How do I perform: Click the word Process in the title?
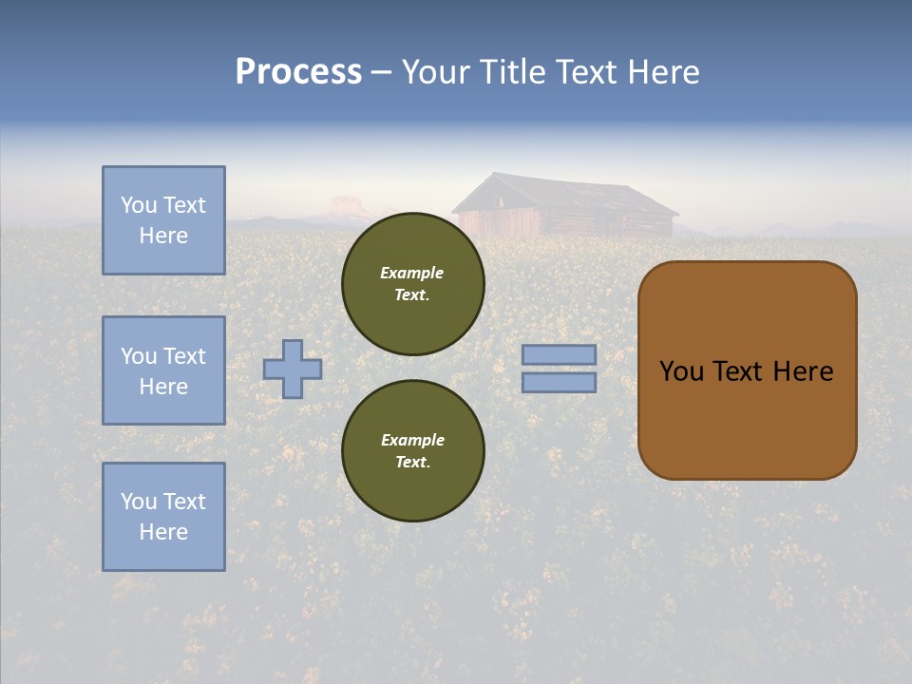tap(298, 72)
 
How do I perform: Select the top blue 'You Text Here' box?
tap(163, 220)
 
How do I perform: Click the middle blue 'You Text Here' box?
tap(163, 370)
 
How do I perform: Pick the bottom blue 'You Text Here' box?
tap(163, 516)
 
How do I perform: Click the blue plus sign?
tap(293, 369)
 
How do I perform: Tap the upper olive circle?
tap(413, 284)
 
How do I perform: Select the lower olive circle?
tap(413, 450)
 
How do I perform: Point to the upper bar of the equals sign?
tap(560, 354)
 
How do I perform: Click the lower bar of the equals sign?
tap(560, 382)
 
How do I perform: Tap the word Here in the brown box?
tap(803, 371)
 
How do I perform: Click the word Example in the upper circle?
tap(411, 273)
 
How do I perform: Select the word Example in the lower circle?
tap(412, 440)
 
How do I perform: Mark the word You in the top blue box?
tap(139, 205)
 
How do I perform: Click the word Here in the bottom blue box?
tap(163, 532)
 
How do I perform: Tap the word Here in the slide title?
tap(663, 72)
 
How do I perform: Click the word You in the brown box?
tap(681, 371)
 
